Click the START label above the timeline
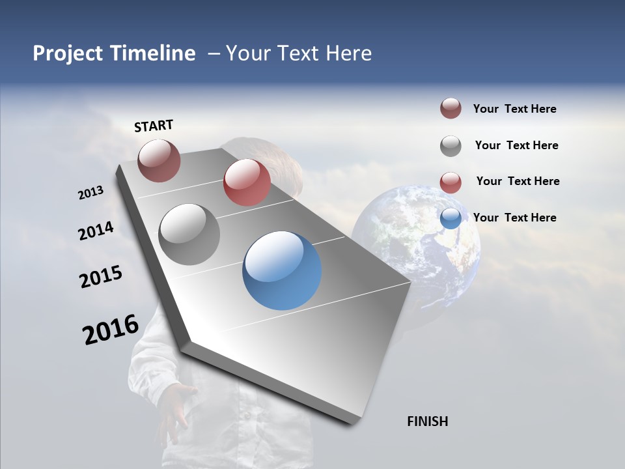coord(154,126)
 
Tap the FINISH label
coord(427,421)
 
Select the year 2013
coord(91,193)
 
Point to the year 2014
coord(96,231)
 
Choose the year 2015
coord(101,277)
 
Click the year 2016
coord(111,330)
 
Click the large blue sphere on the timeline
coord(282,271)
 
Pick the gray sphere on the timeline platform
coord(189,234)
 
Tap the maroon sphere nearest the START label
coord(160,160)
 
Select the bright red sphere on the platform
coord(247,182)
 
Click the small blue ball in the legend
coord(451,218)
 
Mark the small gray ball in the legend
coord(451,146)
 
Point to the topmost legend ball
coord(451,108)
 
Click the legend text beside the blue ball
coord(514,218)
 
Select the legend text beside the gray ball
coord(516,145)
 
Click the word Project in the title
coord(68,53)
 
